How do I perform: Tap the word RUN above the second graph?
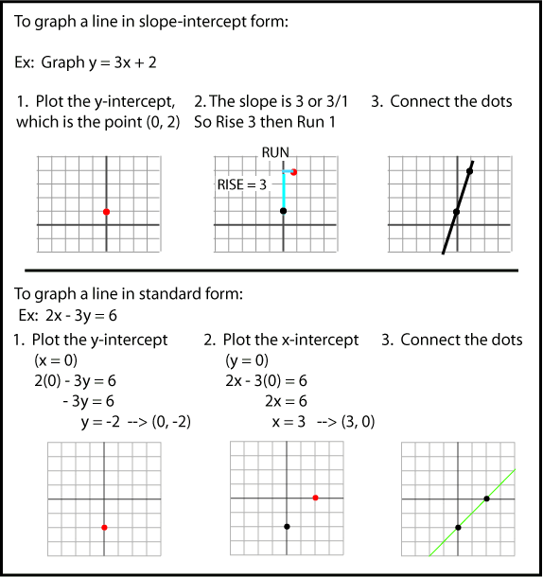276,151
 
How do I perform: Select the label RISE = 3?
242,184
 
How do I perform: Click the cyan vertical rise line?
284,191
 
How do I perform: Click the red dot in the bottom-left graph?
104,527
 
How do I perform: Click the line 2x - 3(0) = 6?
266,381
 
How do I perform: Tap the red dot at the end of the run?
295,172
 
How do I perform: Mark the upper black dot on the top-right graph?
469,170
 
